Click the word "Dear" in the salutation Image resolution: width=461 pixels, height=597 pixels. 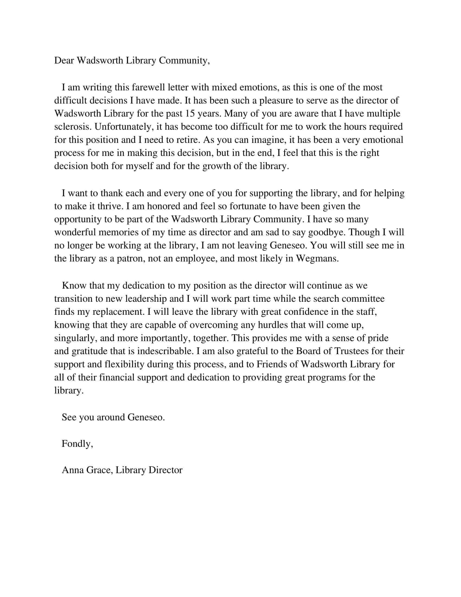pos(64,61)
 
